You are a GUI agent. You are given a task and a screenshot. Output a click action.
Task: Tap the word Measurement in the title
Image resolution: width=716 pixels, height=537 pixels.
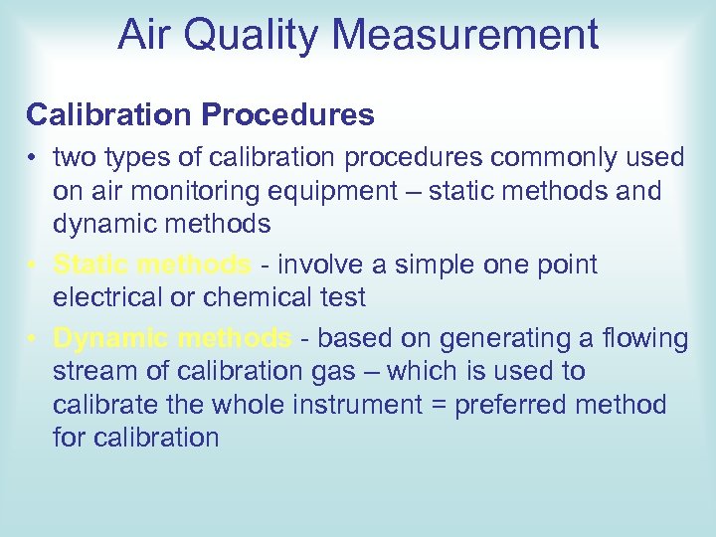coord(465,36)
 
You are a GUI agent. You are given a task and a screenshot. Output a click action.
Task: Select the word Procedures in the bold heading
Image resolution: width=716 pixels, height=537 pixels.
coord(288,115)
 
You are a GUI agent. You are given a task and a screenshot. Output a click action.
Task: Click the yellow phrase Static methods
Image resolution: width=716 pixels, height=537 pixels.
coord(152,266)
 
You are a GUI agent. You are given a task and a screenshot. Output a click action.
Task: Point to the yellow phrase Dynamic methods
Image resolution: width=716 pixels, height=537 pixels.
coord(173,339)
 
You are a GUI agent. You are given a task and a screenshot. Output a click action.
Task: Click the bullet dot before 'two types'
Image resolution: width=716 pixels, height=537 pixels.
coord(33,158)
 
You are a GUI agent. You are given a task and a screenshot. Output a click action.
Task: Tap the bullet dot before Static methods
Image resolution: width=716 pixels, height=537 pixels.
coord(33,266)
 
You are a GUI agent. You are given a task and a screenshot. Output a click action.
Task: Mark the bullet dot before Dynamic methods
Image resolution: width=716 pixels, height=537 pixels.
coord(33,339)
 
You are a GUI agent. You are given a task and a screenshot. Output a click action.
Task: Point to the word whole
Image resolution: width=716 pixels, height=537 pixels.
coord(242,405)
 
